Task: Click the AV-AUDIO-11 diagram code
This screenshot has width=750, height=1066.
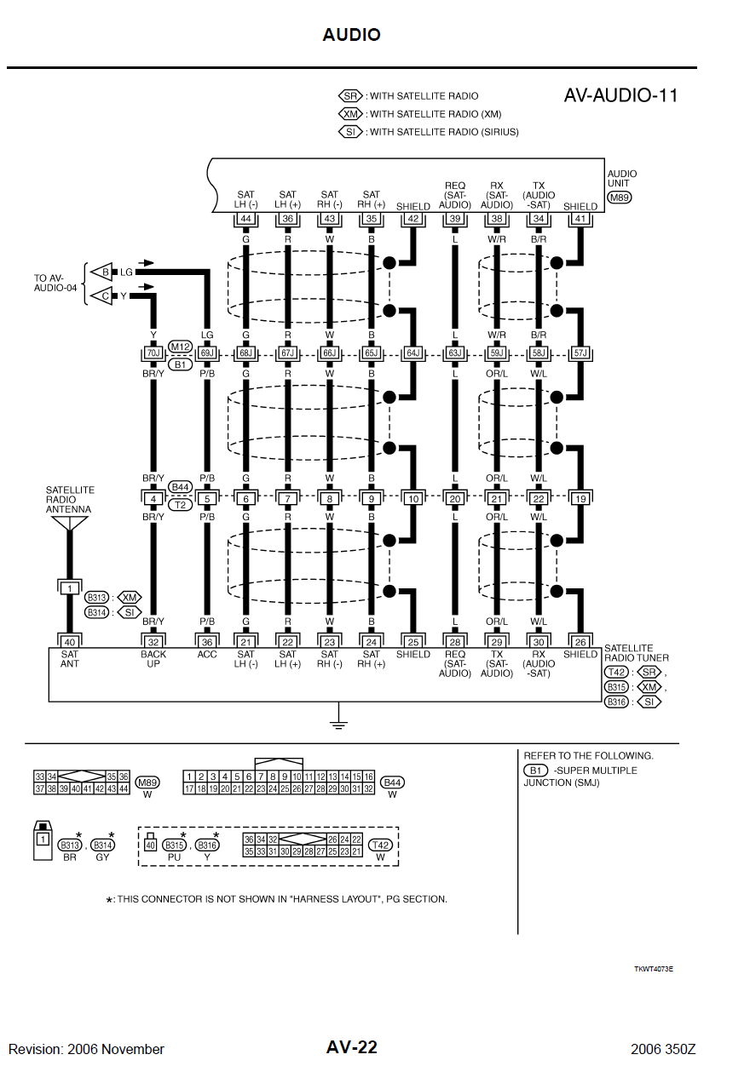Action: coord(620,95)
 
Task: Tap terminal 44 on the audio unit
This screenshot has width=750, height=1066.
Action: coord(245,220)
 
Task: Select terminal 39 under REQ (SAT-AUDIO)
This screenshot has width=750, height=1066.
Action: coord(454,220)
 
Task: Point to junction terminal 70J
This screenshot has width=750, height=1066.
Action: coord(153,352)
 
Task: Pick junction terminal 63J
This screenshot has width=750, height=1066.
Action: coord(454,352)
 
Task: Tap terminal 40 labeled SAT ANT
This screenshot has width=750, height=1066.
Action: coord(69,642)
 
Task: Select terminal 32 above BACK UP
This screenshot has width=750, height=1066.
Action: coord(153,642)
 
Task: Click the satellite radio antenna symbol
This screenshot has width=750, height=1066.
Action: coord(69,523)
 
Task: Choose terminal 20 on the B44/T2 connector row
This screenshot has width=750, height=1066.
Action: coord(454,498)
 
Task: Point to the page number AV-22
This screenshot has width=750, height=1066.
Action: coord(351,1047)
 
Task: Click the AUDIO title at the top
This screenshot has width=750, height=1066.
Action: coord(351,35)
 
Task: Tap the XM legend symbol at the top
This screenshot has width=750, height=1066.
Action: coord(351,114)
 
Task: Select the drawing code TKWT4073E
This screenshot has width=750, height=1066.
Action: coord(654,969)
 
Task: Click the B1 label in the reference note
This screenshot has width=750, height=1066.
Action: coord(534,771)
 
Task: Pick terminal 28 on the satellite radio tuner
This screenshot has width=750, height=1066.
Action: coord(454,642)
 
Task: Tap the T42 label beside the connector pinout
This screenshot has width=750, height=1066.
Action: coord(380,845)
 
